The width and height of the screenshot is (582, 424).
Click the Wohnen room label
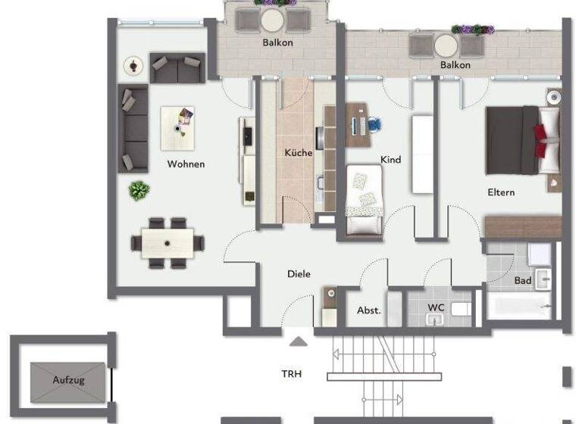pyautogui.click(x=186, y=164)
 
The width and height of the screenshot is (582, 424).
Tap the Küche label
pyautogui.click(x=299, y=152)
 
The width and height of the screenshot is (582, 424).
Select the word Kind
pyautogui.click(x=391, y=160)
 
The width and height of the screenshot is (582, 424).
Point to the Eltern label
pyautogui.click(x=501, y=192)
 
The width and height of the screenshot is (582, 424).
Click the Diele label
pyautogui.click(x=299, y=274)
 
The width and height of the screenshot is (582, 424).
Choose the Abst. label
pyautogui.click(x=369, y=310)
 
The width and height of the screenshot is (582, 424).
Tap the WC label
pyautogui.click(x=436, y=307)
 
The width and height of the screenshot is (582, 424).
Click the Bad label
pyautogui.click(x=523, y=281)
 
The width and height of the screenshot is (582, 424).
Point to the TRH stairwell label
pyautogui.click(x=292, y=373)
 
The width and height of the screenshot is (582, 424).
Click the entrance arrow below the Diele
pyautogui.click(x=299, y=341)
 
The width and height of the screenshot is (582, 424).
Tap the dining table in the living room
pyautogui.click(x=167, y=243)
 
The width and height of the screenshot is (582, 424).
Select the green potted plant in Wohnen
pyautogui.click(x=139, y=190)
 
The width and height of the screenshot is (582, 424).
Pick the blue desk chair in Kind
pyautogui.click(x=375, y=124)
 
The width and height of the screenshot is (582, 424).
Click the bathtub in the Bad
pyautogui.click(x=519, y=307)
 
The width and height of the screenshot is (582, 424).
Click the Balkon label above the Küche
pyautogui.click(x=277, y=42)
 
